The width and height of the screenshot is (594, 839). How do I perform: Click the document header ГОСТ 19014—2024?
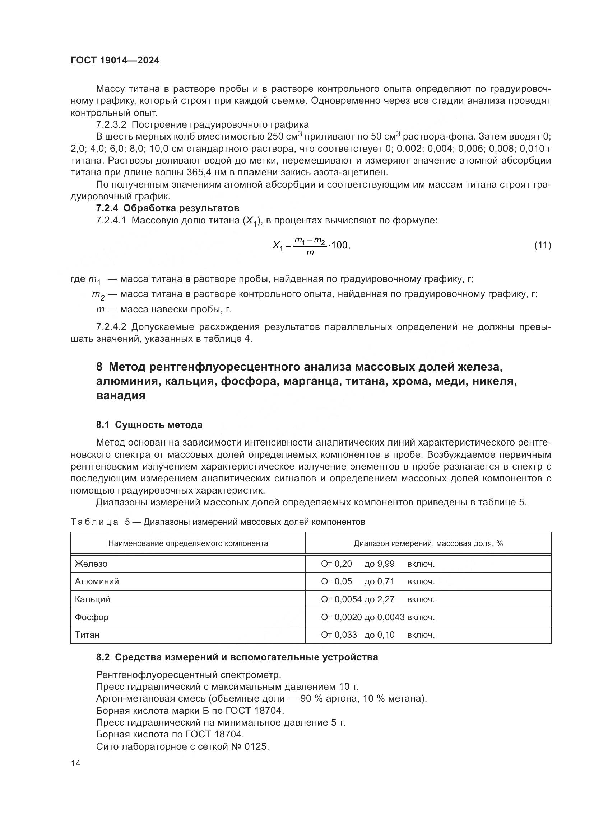[x=115, y=61]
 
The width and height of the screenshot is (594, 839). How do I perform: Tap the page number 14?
[x=75, y=763]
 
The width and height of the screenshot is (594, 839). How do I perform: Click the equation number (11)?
[x=542, y=245]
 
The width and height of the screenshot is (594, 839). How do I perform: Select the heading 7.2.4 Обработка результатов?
[x=167, y=208]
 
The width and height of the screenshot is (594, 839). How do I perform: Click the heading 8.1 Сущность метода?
[x=149, y=425]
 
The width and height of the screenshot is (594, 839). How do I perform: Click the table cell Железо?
[x=91, y=564]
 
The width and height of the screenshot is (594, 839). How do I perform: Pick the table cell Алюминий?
[x=97, y=581]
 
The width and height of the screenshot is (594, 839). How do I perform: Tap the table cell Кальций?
[x=93, y=599]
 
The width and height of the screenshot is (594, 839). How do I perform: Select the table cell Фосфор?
[x=92, y=617]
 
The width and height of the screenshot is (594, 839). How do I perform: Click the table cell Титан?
[x=87, y=635]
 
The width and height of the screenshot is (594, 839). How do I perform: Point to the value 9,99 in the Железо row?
[x=386, y=564]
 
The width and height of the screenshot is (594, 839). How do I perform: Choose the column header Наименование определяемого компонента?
[x=188, y=543]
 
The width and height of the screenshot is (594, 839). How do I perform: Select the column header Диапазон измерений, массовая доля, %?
[x=428, y=543]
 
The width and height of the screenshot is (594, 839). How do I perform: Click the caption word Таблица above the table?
[x=94, y=522]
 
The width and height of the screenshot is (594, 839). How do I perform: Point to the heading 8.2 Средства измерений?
[x=237, y=657]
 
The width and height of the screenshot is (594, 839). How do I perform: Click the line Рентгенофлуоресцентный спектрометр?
[x=189, y=675]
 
